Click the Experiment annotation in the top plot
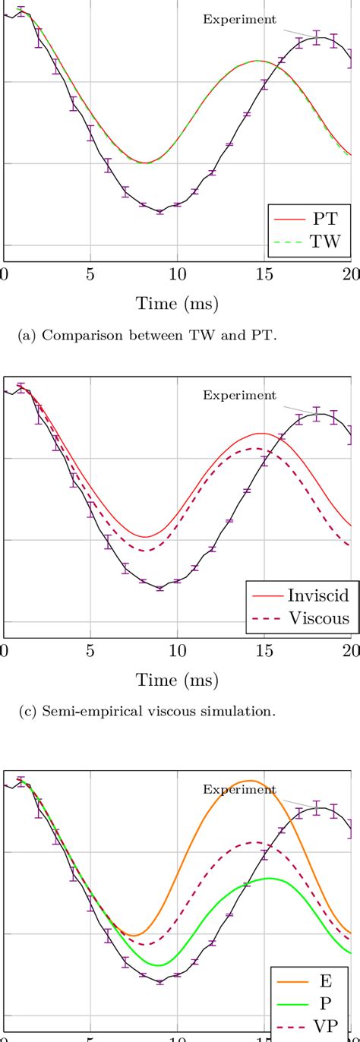pos(239,21)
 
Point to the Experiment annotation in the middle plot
pos(239,395)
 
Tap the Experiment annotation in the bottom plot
pos(239,789)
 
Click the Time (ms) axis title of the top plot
pos(177,304)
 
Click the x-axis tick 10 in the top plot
pos(177,273)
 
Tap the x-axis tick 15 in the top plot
pos(264,273)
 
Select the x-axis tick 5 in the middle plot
pos(90,649)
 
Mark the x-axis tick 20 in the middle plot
pos(350,649)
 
